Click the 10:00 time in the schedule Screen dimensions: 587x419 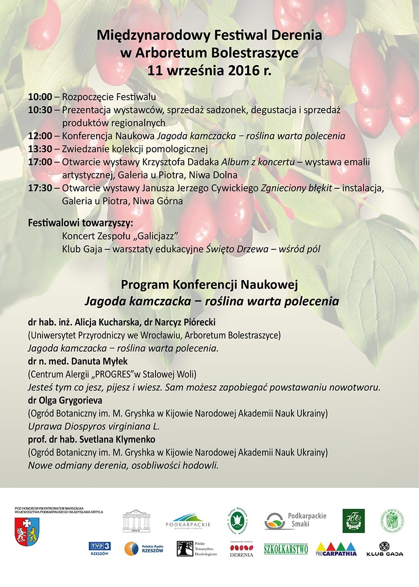tap(40, 97)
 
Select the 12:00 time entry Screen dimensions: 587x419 tap(40, 137)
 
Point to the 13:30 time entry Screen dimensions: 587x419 tap(40, 150)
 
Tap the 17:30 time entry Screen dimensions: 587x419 tap(40, 189)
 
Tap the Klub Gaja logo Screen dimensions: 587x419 tap(385, 549)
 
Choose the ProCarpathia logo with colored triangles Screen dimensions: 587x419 tap(336, 549)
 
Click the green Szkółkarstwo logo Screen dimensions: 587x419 tap(285, 549)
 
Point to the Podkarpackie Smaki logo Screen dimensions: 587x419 tap(295, 521)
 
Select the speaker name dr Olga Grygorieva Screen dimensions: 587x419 tap(65, 400)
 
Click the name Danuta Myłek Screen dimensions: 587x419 tap(101, 361)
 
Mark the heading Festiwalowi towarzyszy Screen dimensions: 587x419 tap(81, 222)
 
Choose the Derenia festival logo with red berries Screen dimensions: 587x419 tap(242, 549)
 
